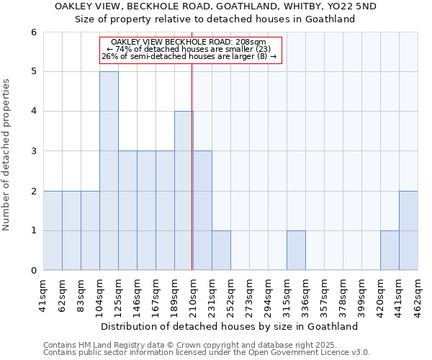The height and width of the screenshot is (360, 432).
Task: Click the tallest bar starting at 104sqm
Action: tap(109, 171)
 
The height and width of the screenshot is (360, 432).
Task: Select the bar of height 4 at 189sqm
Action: tap(184, 191)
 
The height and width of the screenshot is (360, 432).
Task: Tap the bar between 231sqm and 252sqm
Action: tap(221, 251)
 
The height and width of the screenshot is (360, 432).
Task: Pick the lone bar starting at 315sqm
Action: tap(296, 251)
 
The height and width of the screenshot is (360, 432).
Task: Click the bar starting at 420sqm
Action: tap(390, 251)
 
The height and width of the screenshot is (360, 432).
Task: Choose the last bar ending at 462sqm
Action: tap(408, 230)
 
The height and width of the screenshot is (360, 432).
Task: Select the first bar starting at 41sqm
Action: tap(53, 230)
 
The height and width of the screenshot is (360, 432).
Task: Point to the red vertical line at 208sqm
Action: tap(192, 180)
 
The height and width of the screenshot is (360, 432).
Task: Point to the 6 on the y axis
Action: tap(33, 32)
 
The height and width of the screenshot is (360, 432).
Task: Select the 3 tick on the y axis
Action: tap(33, 151)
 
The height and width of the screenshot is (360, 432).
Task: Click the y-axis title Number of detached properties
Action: tap(6, 155)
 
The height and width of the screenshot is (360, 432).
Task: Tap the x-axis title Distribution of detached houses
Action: tap(230, 326)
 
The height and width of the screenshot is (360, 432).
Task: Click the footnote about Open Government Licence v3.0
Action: tap(207, 353)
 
